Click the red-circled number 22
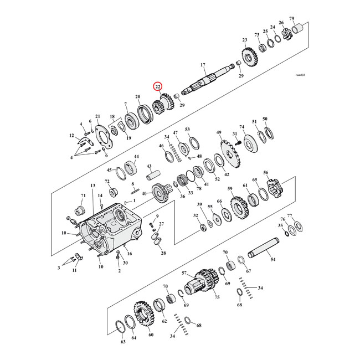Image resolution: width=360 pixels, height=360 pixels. pos(158,86)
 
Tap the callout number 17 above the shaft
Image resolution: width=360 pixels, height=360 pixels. pos(203,65)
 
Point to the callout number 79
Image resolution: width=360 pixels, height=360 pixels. pos(307,18)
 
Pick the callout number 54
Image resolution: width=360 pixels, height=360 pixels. pos(272,259)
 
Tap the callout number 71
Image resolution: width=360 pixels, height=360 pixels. pos(84,196)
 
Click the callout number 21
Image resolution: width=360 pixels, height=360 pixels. pos(97,116)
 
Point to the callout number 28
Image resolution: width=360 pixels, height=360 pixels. pos(163,253)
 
